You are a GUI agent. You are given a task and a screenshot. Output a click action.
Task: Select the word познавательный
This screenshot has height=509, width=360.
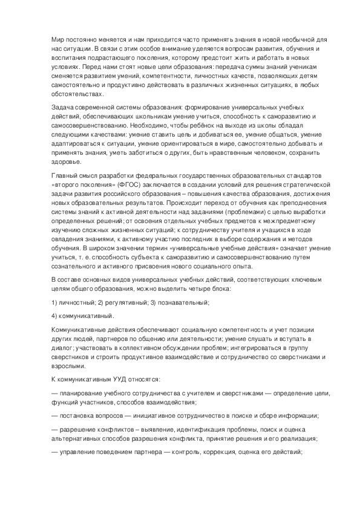click(x=181, y=301)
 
